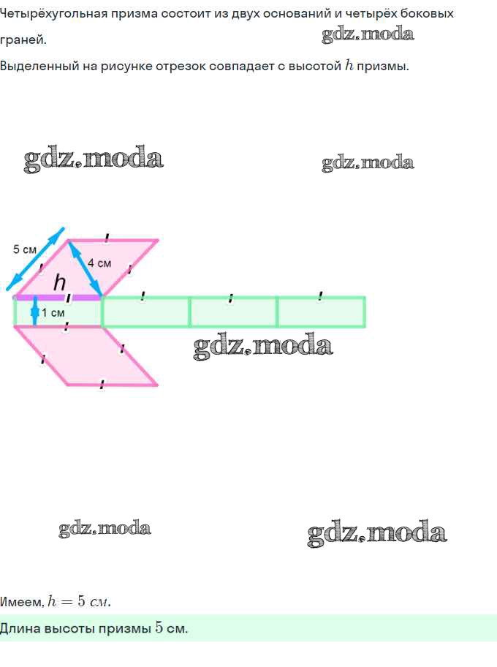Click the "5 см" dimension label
(25, 249)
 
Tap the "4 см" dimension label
(99, 263)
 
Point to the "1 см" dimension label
(53, 313)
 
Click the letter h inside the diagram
(60, 282)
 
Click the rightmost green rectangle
(321, 312)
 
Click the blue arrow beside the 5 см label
(34, 260)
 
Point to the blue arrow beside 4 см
(86, 268)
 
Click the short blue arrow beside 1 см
(34, 312)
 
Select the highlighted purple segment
(58, 298)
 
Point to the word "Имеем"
(20, 602)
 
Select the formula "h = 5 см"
(79, 602)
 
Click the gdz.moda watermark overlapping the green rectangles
(263, 345)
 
